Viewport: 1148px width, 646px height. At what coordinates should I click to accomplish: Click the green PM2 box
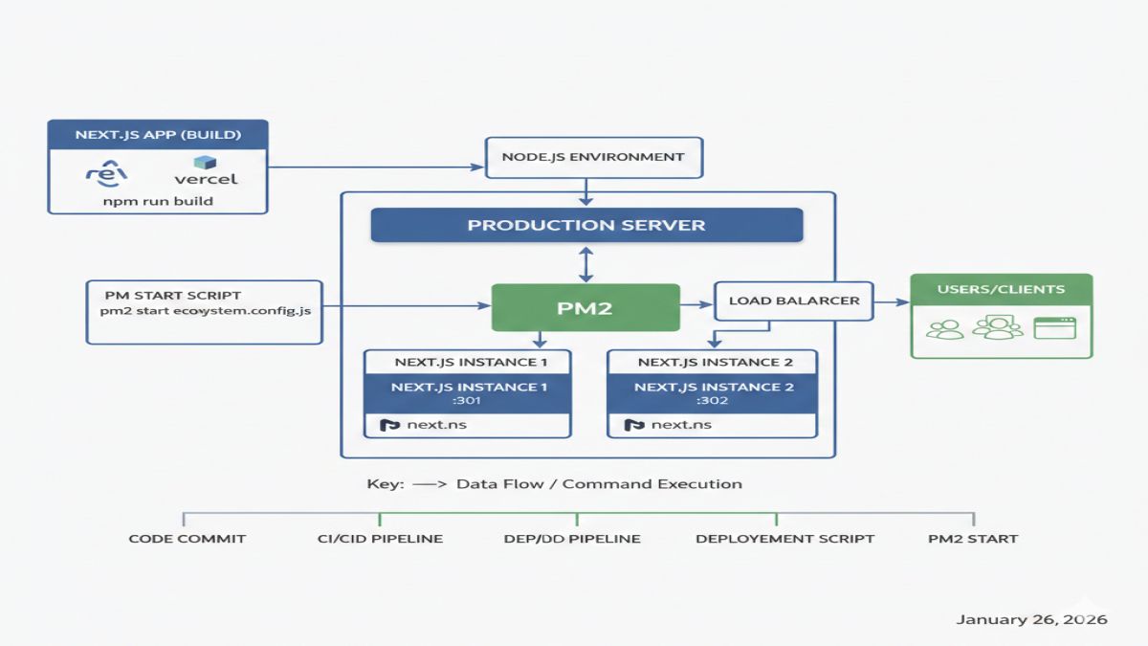pyautogui.click(x=585, y=308)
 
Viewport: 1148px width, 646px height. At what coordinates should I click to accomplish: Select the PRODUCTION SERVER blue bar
pyautogui.click(x=585, y=226)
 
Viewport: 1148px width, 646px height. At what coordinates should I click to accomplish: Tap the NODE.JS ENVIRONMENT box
pyautogui.click(x=594, y=157)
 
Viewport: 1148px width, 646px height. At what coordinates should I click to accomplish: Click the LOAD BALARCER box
pyautogui.click(x=793, y=301)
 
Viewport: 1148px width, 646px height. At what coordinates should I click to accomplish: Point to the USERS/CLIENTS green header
pyautogui.click(x=1001, y=289)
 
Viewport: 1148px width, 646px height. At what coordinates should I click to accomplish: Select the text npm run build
pyautogui.click(x=158, y=201)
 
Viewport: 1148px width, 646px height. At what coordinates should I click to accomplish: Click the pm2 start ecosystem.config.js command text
pyautogui.click(x=205, y=311)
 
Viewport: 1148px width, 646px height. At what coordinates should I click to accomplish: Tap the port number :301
pyautogui.click(x=468, y=401)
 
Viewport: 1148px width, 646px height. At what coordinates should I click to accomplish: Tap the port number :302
pyautogui.click(x=713, y=401)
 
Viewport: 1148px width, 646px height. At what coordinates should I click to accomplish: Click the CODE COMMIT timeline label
pyautogui.click(x=188, y=539)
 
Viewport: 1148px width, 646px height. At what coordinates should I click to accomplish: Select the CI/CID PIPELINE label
pyautogui.click(x=380, y=539)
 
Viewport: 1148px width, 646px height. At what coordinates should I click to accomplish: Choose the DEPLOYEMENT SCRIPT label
pyautogui.click(x=784, y=539)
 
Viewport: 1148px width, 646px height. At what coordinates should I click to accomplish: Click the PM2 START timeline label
pyautogui.click(x=973, y=539)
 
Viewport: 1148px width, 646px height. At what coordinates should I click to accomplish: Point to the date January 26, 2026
pyautogui.click(x=1031, y=620)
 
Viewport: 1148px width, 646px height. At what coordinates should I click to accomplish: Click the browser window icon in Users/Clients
pyautogui.click(x=1054, y=328)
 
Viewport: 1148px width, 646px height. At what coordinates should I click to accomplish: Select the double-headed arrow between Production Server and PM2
pyautogui.click(x=585, y=262)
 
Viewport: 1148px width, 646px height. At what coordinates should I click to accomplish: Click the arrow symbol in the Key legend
pyautogui.click(x=430, y=484)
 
